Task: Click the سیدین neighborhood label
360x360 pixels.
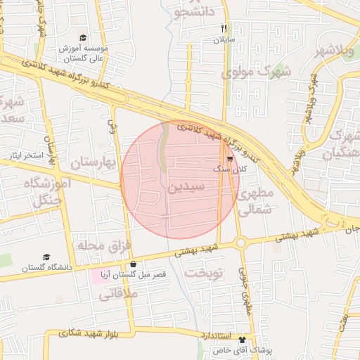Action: [186, 188]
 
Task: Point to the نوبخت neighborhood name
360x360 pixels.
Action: [204, 271]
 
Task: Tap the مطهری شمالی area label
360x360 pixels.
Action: [255, 200]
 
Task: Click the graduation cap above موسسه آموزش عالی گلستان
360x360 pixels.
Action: [83, 37]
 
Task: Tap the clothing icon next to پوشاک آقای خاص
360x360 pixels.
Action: [243, 339]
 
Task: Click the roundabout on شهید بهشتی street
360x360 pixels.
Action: [241, 243]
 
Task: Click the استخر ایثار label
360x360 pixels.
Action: [25, 154]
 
